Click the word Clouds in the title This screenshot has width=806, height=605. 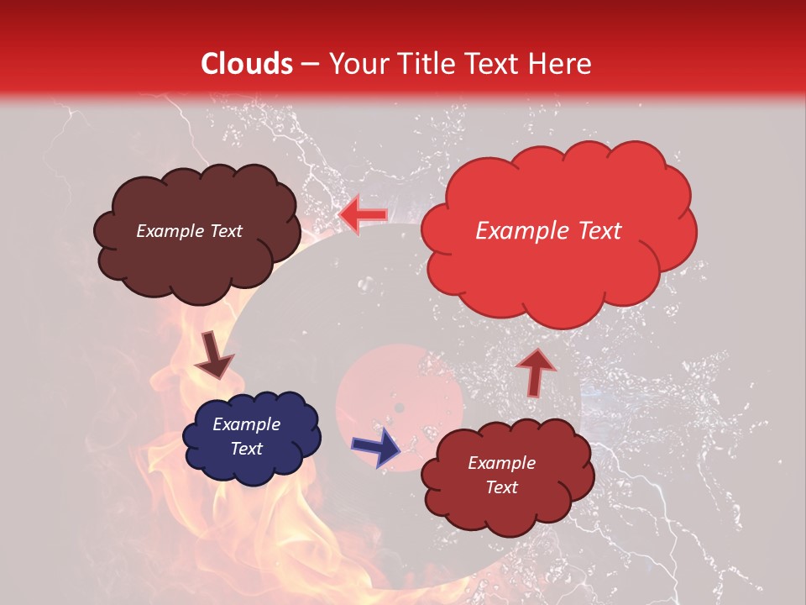pos(247,64)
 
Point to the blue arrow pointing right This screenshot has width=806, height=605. pos(376,447)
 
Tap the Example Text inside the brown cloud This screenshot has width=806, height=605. pos(189,231)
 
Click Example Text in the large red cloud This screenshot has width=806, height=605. pos(548,231)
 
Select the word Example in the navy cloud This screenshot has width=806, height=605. pos(246,424)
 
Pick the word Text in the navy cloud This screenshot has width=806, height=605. pos(246,449)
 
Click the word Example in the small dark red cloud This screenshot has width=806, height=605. pos(501,463)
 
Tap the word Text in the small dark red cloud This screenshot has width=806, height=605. pos(501,487)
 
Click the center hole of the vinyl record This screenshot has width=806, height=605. pos(400,408)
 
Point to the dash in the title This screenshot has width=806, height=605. pos(310,65)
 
